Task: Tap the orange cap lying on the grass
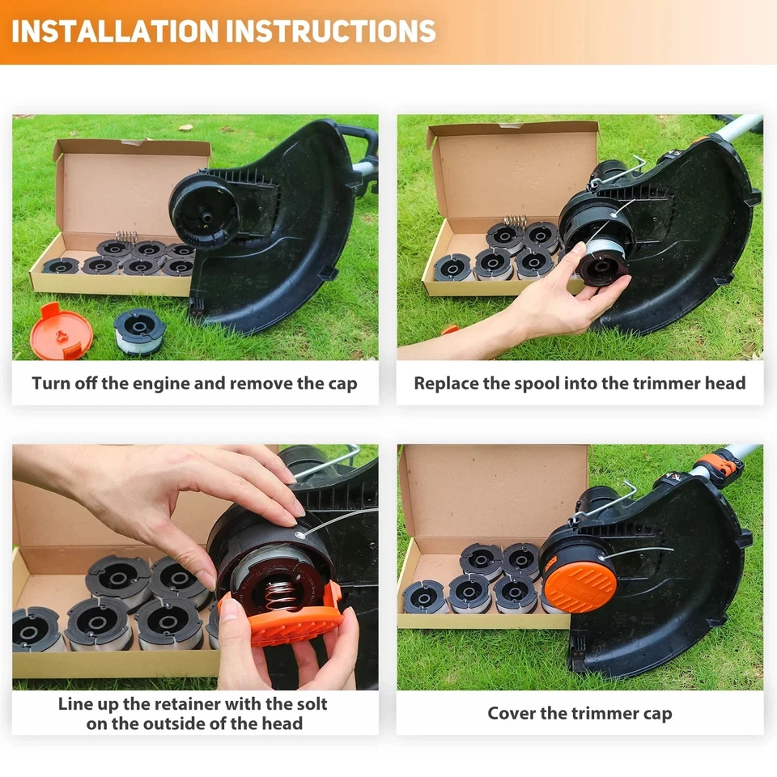[x=61, y=330]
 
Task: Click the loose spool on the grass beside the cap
[x=139, y=332]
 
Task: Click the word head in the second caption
[x=725, y=383]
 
